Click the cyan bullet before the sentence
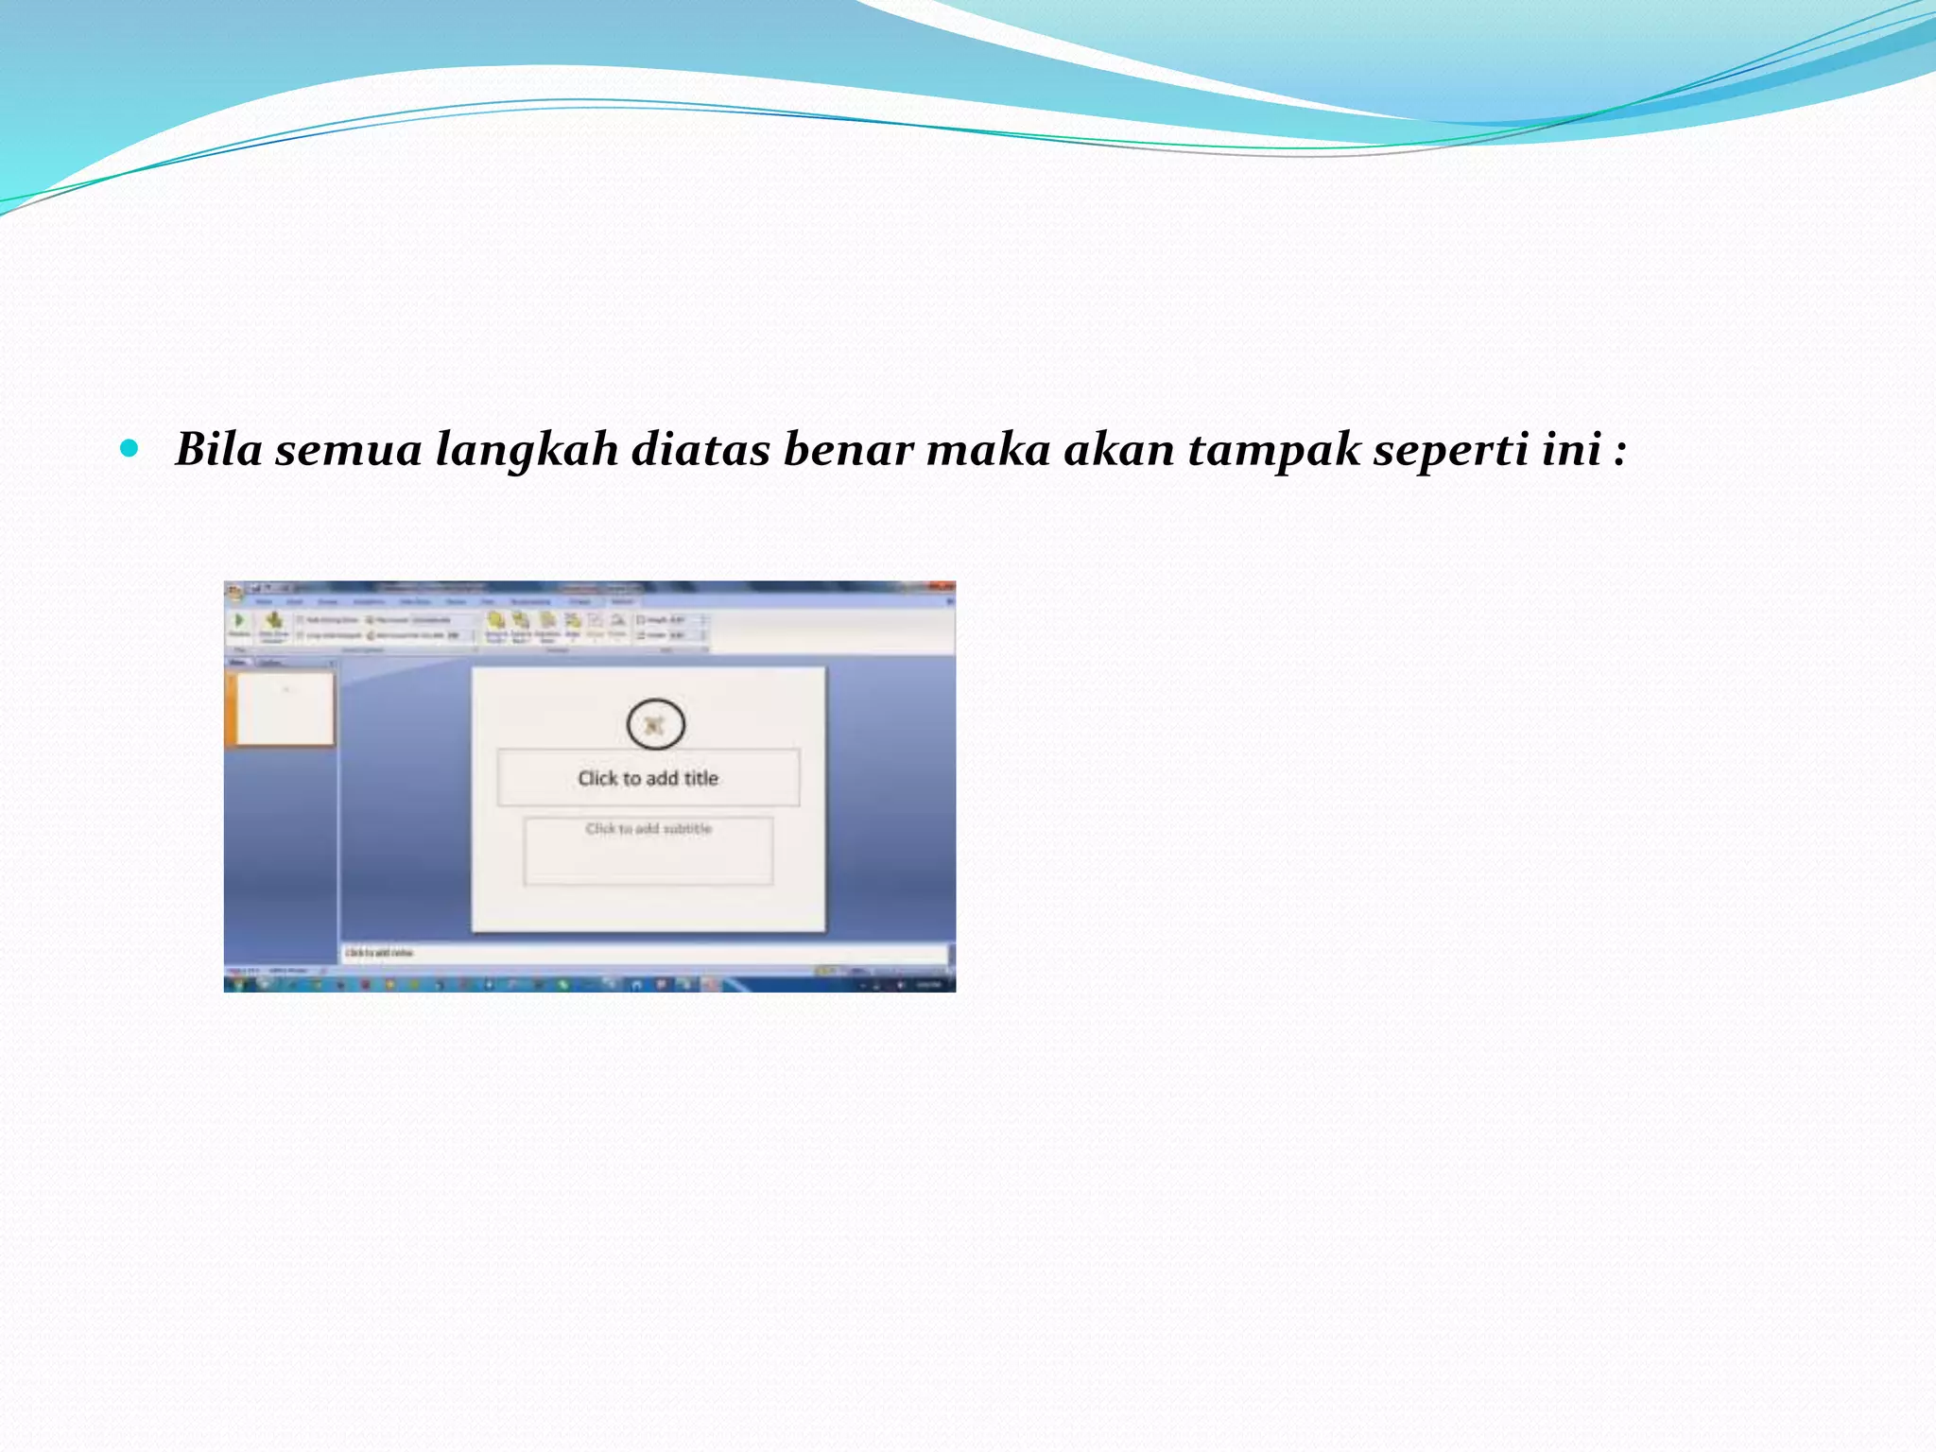coord(130,447)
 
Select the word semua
coord(348,450)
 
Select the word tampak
coord(1273,450)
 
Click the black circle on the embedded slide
coord(655,725)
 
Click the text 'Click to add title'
coord(648,778)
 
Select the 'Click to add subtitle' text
coord(648,829)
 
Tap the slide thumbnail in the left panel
coord(285,708)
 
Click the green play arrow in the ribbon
coord(239,620)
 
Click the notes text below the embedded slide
coord(379,953)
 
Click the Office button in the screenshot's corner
coord(233,593)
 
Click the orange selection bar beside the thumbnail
coord(230,708)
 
